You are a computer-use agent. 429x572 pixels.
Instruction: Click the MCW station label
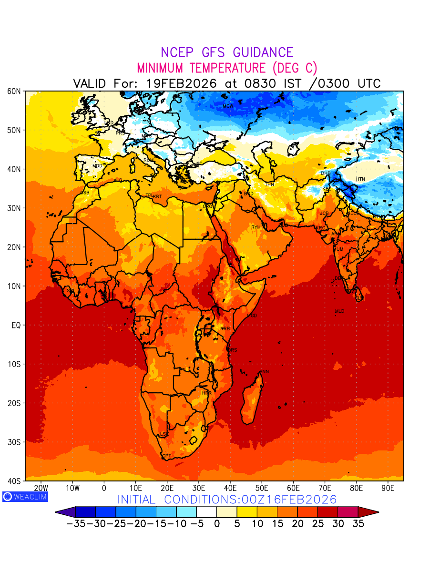point(228,106)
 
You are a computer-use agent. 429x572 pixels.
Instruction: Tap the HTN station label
point(360,179)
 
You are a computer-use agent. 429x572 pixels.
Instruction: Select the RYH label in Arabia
point(256,227)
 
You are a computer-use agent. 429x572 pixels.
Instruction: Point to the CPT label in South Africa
point(166,456)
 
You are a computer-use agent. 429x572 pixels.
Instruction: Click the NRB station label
point(225,329)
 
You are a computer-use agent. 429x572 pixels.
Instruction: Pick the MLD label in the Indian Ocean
point(339,311)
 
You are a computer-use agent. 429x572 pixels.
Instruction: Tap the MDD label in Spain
point(97,166)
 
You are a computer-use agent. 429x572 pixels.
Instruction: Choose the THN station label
point(269,184)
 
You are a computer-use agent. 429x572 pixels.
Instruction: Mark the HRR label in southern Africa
point(206,393)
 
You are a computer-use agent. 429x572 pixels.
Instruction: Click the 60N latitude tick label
point(14,91)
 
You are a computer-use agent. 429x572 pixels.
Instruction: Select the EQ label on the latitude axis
point(16,325)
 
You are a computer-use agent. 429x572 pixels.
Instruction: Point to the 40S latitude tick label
point(14,481)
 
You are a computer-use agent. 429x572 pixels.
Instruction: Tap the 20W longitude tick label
point(41,488)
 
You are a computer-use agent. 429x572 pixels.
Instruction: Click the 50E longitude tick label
point(262,488)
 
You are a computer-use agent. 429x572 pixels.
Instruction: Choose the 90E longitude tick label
point(388,488)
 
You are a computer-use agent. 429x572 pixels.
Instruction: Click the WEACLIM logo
point(25,496)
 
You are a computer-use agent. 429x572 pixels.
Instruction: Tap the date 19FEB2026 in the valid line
point(182,83)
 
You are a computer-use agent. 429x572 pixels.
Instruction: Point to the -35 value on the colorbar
point(75,523)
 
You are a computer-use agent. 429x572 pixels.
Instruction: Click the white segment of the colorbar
point(206,512)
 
